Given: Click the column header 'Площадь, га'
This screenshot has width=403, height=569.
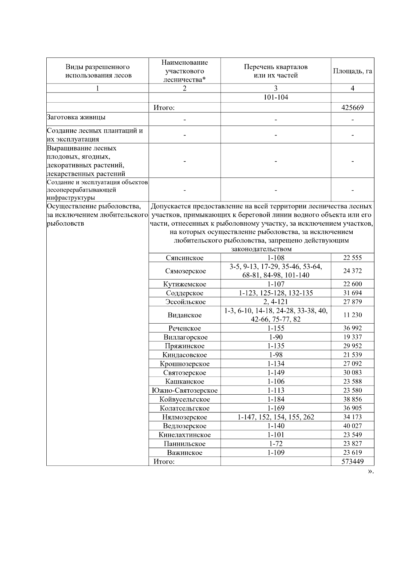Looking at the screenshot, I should (352, 71).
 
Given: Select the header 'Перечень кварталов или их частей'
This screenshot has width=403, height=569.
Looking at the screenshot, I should (276, 71).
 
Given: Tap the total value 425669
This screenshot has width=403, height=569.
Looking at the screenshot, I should (352, 108).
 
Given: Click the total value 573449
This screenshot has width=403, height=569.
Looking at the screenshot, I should (352, 462).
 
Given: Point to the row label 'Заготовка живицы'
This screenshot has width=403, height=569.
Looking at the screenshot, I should (76, 117).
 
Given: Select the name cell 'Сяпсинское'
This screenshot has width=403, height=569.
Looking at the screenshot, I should (185, 258).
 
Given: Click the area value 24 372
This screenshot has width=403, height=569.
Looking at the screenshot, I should (352, 271).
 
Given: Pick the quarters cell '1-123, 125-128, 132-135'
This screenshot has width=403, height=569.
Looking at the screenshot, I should (276, 293).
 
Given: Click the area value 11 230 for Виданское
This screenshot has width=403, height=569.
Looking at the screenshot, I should (352, 315).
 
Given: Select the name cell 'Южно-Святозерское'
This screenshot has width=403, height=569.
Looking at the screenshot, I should (185, 390).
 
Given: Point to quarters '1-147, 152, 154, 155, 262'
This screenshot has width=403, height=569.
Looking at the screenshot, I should (276, 417).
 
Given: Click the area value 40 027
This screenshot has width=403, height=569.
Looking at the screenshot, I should (352, 426).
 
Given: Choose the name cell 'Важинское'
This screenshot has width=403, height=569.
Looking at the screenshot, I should (185, 453).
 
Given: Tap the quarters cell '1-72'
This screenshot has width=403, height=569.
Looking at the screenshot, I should (276, 444).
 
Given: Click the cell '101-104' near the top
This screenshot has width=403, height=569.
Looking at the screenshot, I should (276, 98).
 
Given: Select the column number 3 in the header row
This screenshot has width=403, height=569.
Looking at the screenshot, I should (276, 88).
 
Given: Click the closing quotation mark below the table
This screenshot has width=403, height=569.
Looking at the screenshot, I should (370, 471).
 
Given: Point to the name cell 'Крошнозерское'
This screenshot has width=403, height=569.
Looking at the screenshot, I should (185, 364).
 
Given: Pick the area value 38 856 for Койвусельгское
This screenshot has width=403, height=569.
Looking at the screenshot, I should (352, 399).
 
